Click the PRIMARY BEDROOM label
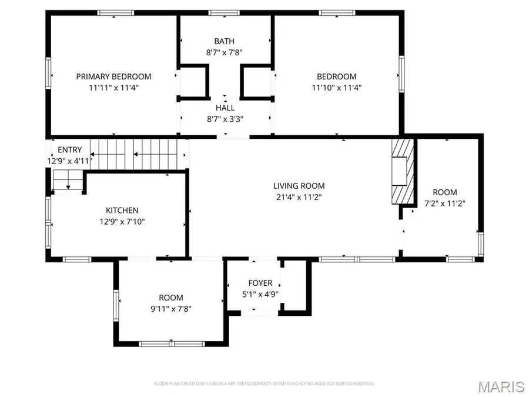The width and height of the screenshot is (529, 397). click(113, 76)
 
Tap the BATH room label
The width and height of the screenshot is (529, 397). click(224, 41)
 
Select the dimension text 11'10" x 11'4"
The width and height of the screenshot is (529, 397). click(337, 88)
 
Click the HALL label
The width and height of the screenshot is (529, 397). click(225, 108)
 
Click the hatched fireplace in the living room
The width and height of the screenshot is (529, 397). click(403, 171)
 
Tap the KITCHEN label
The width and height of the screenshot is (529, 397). click(122, 211)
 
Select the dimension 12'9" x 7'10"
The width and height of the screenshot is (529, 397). click(122, 222)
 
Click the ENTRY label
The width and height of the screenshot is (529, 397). click(69, 150)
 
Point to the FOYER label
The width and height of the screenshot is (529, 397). click(260, 283)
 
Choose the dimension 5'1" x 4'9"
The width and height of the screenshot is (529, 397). click(260, 295)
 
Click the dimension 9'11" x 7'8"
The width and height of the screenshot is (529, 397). click(170, 309)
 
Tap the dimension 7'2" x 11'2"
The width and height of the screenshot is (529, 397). click(445, 203)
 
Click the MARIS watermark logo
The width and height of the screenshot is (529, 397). click(501, 386)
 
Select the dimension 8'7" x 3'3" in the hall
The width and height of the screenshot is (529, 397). click(225, 119)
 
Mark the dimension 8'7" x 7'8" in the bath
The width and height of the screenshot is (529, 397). click(224, 52)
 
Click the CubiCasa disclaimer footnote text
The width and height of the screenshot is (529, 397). click(264, 383)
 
